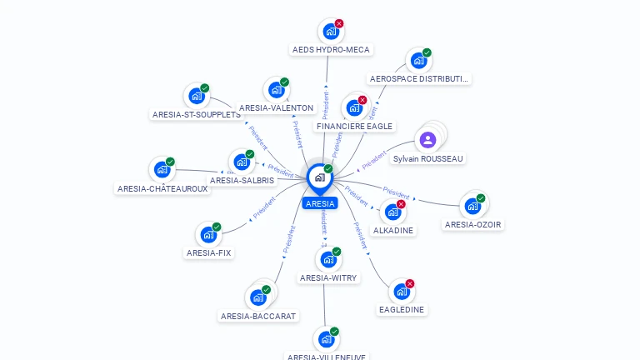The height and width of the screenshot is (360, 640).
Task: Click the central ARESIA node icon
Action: tap(319, 177)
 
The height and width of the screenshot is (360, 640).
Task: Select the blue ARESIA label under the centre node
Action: tap(320, 203)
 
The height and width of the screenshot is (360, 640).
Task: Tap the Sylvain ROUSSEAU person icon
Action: tap(428, 139)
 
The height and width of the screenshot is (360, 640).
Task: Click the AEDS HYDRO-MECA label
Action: tap(331, 50)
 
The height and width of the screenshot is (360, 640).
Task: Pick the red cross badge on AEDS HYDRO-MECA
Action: tap(339, 23)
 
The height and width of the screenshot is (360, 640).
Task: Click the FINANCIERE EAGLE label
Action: tap(353, 126)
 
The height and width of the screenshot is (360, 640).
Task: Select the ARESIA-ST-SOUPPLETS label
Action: tap(197, 115)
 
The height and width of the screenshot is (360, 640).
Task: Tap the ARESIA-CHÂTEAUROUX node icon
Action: tap(162, 170)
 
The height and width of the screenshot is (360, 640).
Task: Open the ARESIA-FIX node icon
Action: tap(207, 235)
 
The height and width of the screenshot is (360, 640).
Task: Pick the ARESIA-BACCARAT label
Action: tap(259, 317)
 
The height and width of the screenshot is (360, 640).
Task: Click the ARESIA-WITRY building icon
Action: tap(327, 260)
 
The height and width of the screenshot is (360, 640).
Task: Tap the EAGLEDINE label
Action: tap(402, 310)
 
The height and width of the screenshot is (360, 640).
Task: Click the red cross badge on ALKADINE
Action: tap(401, 204)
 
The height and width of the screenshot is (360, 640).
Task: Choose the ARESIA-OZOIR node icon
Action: tap(472, 206)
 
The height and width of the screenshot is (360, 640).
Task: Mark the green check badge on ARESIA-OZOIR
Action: tap(481, 198)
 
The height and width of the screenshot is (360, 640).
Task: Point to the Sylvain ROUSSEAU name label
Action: tap(428, 158)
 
